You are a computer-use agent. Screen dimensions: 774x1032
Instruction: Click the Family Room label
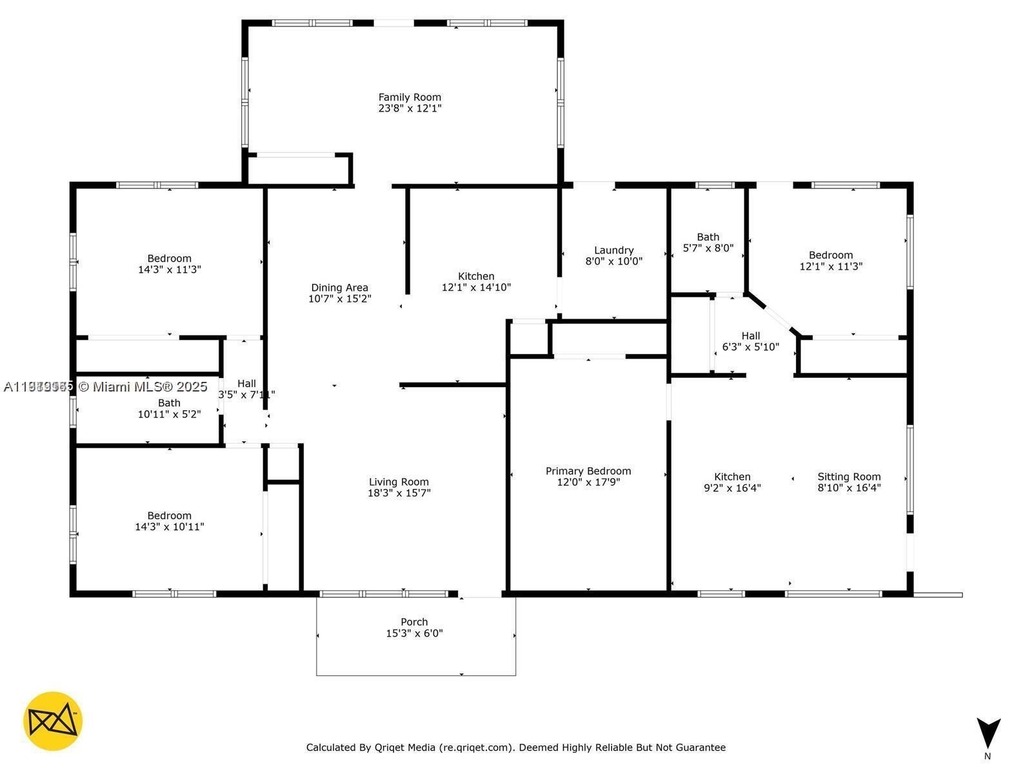(410, 97)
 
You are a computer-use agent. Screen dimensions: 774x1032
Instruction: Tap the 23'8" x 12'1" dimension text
(410, 108)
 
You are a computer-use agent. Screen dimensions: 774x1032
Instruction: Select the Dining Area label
(339, 288)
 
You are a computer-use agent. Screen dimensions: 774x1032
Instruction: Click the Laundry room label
(613, 250)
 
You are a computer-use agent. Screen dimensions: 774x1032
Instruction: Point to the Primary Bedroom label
(588, 471)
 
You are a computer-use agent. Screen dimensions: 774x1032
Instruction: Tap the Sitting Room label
(849, 477)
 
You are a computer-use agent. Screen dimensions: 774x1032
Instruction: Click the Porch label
(414, 622)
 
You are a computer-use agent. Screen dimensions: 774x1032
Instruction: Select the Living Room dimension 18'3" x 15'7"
(399, 493)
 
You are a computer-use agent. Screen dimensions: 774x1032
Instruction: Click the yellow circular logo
(53, 721)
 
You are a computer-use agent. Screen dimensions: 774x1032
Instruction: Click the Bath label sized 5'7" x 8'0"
(708, 237)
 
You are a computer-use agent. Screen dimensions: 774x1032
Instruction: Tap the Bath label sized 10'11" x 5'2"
(169, 403)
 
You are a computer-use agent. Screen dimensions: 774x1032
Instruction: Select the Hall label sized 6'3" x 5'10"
(750, 336)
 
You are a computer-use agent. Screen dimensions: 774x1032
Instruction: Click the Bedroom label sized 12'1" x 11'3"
(831, 255)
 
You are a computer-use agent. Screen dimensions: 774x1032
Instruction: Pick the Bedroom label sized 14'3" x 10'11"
(169, 515)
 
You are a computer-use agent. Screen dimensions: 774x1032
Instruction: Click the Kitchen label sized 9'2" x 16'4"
(732, 477)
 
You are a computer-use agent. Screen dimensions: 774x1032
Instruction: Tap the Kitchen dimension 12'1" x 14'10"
(476, 287)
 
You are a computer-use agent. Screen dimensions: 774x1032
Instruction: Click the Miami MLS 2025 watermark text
(142, 387)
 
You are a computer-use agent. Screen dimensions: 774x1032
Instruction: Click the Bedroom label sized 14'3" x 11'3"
(169, 259)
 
